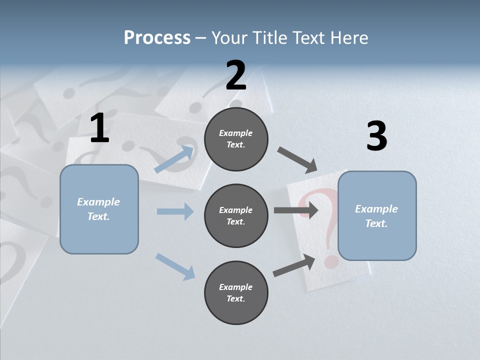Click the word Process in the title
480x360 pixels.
tap(157, 38)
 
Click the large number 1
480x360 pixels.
tap(99, 128)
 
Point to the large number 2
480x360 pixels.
tap(236, 75)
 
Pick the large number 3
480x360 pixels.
tap(376, 136)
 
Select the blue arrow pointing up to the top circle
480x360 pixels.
tap(174, 159)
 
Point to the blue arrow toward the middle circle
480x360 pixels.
tap(175, 211)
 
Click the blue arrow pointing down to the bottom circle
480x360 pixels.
tap(175, 266)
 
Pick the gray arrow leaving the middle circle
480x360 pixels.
tap(296, 210)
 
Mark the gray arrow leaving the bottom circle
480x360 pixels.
tap(294, 265)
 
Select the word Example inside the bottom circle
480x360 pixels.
tap(235, 287)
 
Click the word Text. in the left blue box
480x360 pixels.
tap(98, 216)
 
